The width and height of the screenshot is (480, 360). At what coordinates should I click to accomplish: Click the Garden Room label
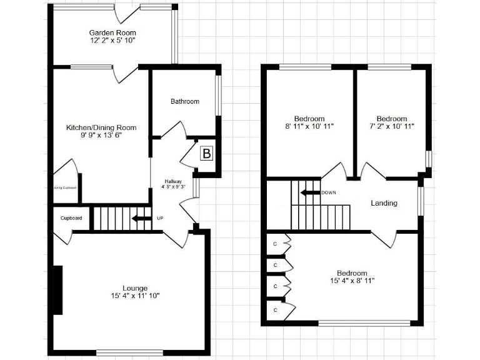pos(112,32)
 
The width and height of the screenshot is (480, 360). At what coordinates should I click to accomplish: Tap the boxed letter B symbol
pos(206,153)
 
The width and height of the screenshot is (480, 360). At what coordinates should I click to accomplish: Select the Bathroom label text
pos(185,101)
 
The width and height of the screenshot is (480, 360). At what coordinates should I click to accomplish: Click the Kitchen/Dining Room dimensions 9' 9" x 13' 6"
pos(101,135)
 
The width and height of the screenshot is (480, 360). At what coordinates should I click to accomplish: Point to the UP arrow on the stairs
pos(142,218)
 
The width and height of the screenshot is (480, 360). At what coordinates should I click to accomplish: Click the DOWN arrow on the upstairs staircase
pos(309,192)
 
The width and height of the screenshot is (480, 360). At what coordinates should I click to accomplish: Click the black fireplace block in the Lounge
pos(57,290)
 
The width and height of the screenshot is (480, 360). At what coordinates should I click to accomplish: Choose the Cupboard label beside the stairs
pos(71,218)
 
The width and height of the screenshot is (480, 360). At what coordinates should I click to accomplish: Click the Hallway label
pos(173,181)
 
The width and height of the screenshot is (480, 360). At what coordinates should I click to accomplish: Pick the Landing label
pos(384,203)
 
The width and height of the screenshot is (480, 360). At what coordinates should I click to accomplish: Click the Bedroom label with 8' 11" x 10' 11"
pos(309,119)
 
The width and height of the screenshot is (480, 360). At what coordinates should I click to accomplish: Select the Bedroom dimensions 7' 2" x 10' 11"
pos(392,126)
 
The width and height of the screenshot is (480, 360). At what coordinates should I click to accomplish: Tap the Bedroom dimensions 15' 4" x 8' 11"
pos(352,281)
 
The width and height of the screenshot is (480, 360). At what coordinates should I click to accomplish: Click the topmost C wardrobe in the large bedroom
pos(275,244)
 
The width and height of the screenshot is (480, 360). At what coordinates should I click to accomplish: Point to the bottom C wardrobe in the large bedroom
pos(275,309)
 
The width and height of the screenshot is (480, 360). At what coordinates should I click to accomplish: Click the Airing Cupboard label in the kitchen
pos(65,187)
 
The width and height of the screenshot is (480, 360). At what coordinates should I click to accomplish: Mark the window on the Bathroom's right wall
pos(218,96)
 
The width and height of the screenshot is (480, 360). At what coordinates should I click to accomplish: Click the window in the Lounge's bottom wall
pos(129,351)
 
